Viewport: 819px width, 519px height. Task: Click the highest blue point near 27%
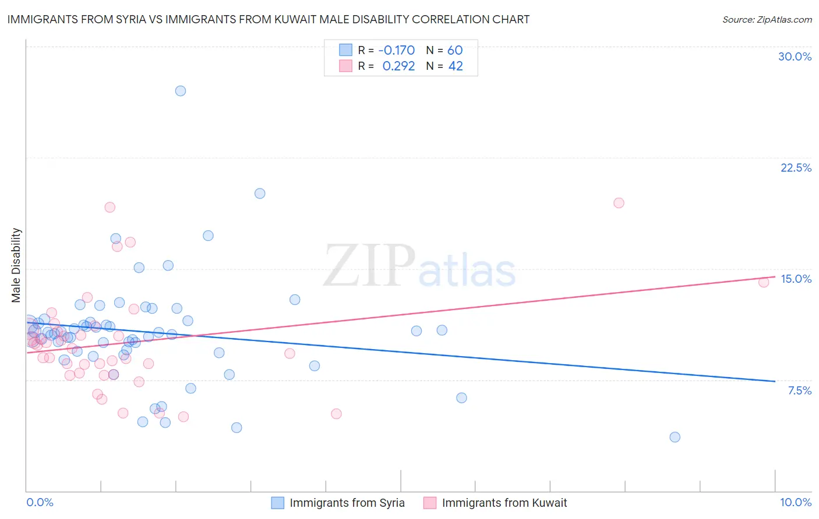click(x=181, y=91)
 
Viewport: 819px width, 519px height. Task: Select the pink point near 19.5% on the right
click(x=619, y=203)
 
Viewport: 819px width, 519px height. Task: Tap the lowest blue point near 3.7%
click(x=675, y=437)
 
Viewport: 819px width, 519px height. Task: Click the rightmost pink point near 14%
click(x=764, y=282)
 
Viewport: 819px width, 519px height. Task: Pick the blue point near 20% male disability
click(x=260, y=194)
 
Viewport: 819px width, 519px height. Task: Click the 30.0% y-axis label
click(x=795, y=56)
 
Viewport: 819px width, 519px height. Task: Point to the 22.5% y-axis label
click(x=796, y=168)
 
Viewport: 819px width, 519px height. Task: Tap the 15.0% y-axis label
click(x=796, y=279)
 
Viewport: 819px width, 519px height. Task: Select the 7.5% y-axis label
click(x=799, y=390)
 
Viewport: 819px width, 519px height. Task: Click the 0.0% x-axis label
click(x=40, y=502)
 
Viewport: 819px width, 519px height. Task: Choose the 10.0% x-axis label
click(x=795, y=502)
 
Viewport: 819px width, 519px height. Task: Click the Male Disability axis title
click(x=16, y=265)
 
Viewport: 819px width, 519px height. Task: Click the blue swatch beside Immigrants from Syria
click(x=278, y=503)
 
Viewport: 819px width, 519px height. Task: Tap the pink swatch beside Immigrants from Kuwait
click(x=430, y=503)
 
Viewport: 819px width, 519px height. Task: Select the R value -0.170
click(x=396, y=50)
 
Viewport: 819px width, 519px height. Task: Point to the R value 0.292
click(x=398, y=66)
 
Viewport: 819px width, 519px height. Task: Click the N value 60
click(x=455, y=50)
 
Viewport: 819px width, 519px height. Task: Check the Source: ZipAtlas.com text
click(x=767, y=19)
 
